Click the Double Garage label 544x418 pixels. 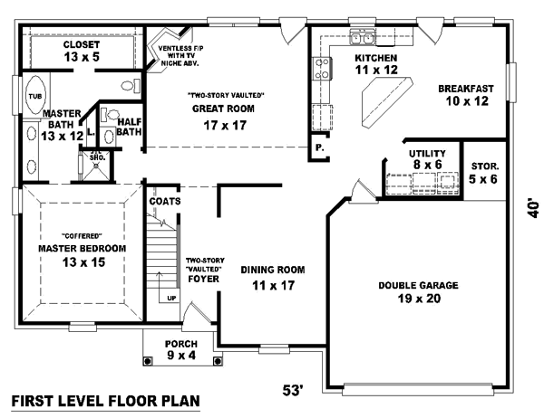coord(418,285)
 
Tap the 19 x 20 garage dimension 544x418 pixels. coord(418,299)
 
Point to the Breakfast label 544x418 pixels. coord(465,88)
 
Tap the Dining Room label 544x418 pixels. coord(272,270)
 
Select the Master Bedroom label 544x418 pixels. coord(82,248)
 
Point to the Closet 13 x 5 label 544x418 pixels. coord(82,51)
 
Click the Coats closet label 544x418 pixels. coord(168,201)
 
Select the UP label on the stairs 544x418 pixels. coord(172,297)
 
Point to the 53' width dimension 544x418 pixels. coord(292,390)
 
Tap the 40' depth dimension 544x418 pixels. coord(535,207)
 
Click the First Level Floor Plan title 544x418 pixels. coord(104,401)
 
